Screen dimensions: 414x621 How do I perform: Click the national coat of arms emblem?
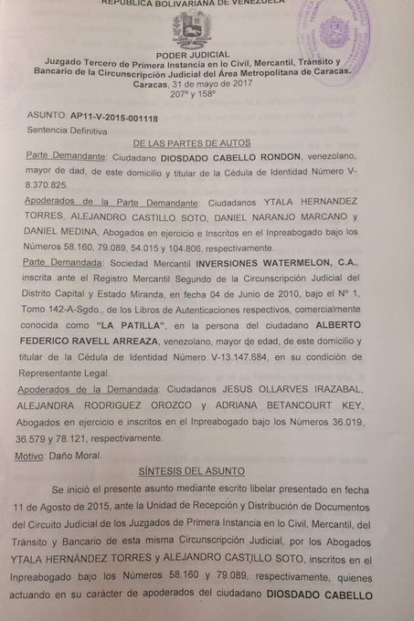click(192, 28)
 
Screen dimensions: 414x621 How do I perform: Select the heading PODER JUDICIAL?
click(192, 53)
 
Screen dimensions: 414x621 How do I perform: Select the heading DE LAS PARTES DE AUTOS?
click(192, 143)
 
